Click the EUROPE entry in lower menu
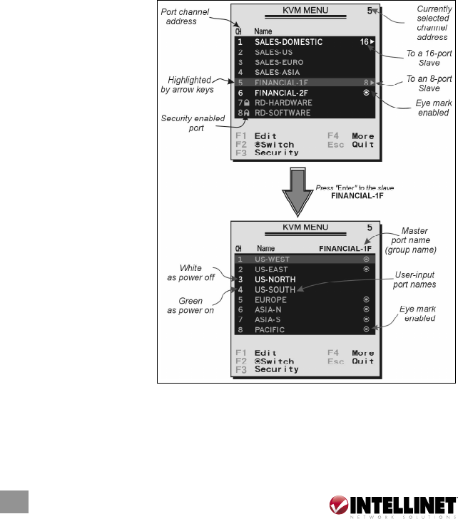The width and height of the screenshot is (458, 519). (273, 300)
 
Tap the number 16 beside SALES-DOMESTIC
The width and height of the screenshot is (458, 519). (364, 42)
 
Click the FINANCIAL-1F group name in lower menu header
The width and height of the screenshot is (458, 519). (345, 249)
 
